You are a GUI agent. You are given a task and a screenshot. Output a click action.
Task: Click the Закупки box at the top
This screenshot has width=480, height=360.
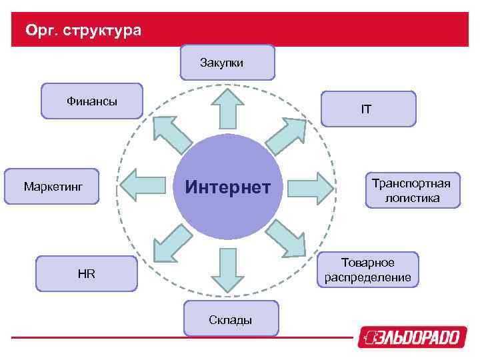[x=227, y=62]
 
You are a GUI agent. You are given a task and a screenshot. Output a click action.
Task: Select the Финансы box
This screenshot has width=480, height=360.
[x=92, y=101]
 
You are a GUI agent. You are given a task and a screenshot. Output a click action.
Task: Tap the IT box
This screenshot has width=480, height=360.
[x=368, y=109]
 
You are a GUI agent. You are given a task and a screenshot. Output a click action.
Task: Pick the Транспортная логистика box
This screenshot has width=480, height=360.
[x=411, y=190]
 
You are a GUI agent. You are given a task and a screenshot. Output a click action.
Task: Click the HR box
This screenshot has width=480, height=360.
[x=86, y=273]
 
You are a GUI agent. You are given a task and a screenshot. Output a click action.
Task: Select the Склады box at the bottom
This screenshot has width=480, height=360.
[x=231, y=319]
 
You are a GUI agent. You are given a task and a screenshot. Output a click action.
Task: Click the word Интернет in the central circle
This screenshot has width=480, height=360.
[x=228, y=187]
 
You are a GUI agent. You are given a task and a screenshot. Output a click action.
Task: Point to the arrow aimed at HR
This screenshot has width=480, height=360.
[x=172, y=242]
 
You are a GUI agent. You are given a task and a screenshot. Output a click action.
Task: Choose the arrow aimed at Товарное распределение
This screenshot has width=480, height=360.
[x=285, y=239]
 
